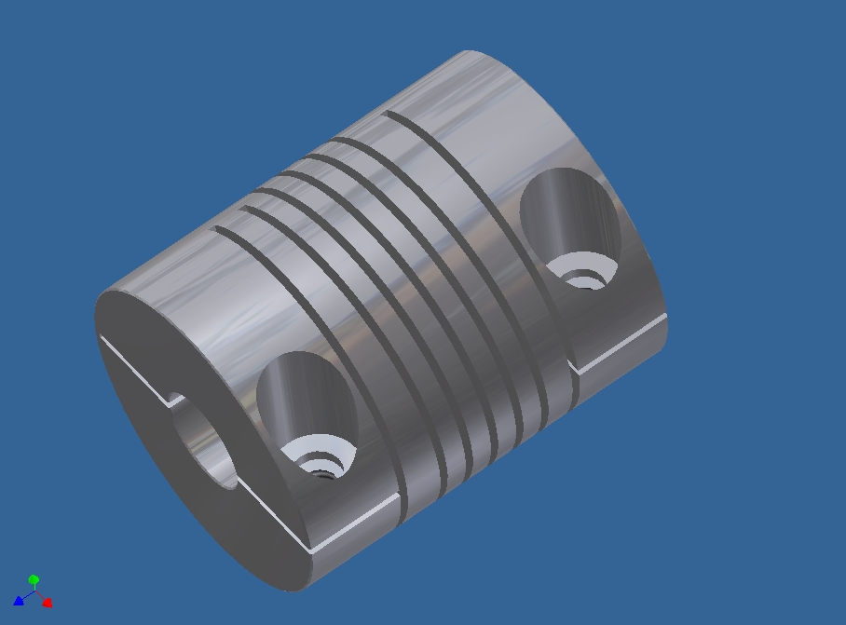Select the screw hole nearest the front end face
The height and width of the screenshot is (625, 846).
click(307, 410)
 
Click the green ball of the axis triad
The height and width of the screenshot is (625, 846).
click(34, 579)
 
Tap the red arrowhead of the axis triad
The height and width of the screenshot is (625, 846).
click(48, 603)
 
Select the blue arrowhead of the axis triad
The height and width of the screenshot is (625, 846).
click(18, 601)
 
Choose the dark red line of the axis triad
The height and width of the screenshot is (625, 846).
click(39, 597)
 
